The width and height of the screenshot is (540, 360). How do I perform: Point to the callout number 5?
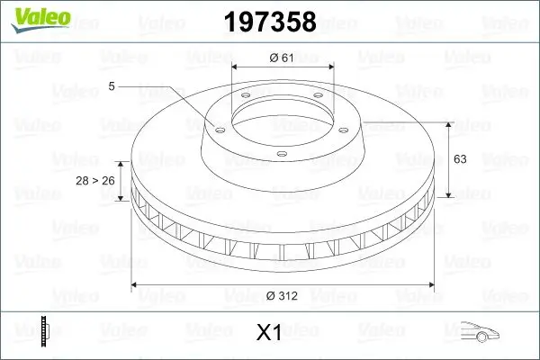(x=112, y=86)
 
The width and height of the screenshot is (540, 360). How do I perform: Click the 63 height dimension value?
(x=459, y=159)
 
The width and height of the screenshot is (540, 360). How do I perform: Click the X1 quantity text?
(x=270, y=333)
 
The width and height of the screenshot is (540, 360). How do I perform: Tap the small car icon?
(x=479, y=332)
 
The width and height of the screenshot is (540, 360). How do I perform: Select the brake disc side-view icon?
(x=42, y=332)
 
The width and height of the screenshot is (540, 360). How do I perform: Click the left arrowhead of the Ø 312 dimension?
(x=136, y=285)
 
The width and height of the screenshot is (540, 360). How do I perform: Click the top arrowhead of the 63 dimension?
(x=447, y=124)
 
